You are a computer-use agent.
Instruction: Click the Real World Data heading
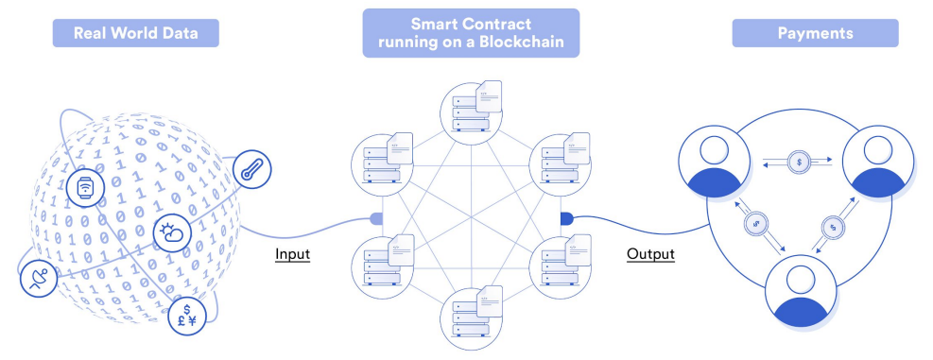point(136,33)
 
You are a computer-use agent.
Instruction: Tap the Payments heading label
point(815,33)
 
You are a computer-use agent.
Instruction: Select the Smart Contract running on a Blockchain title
point(470,33)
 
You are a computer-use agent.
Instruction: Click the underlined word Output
point(650,254)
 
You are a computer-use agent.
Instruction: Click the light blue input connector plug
point(375,218)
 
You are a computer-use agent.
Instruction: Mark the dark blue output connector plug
point(567,218)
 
